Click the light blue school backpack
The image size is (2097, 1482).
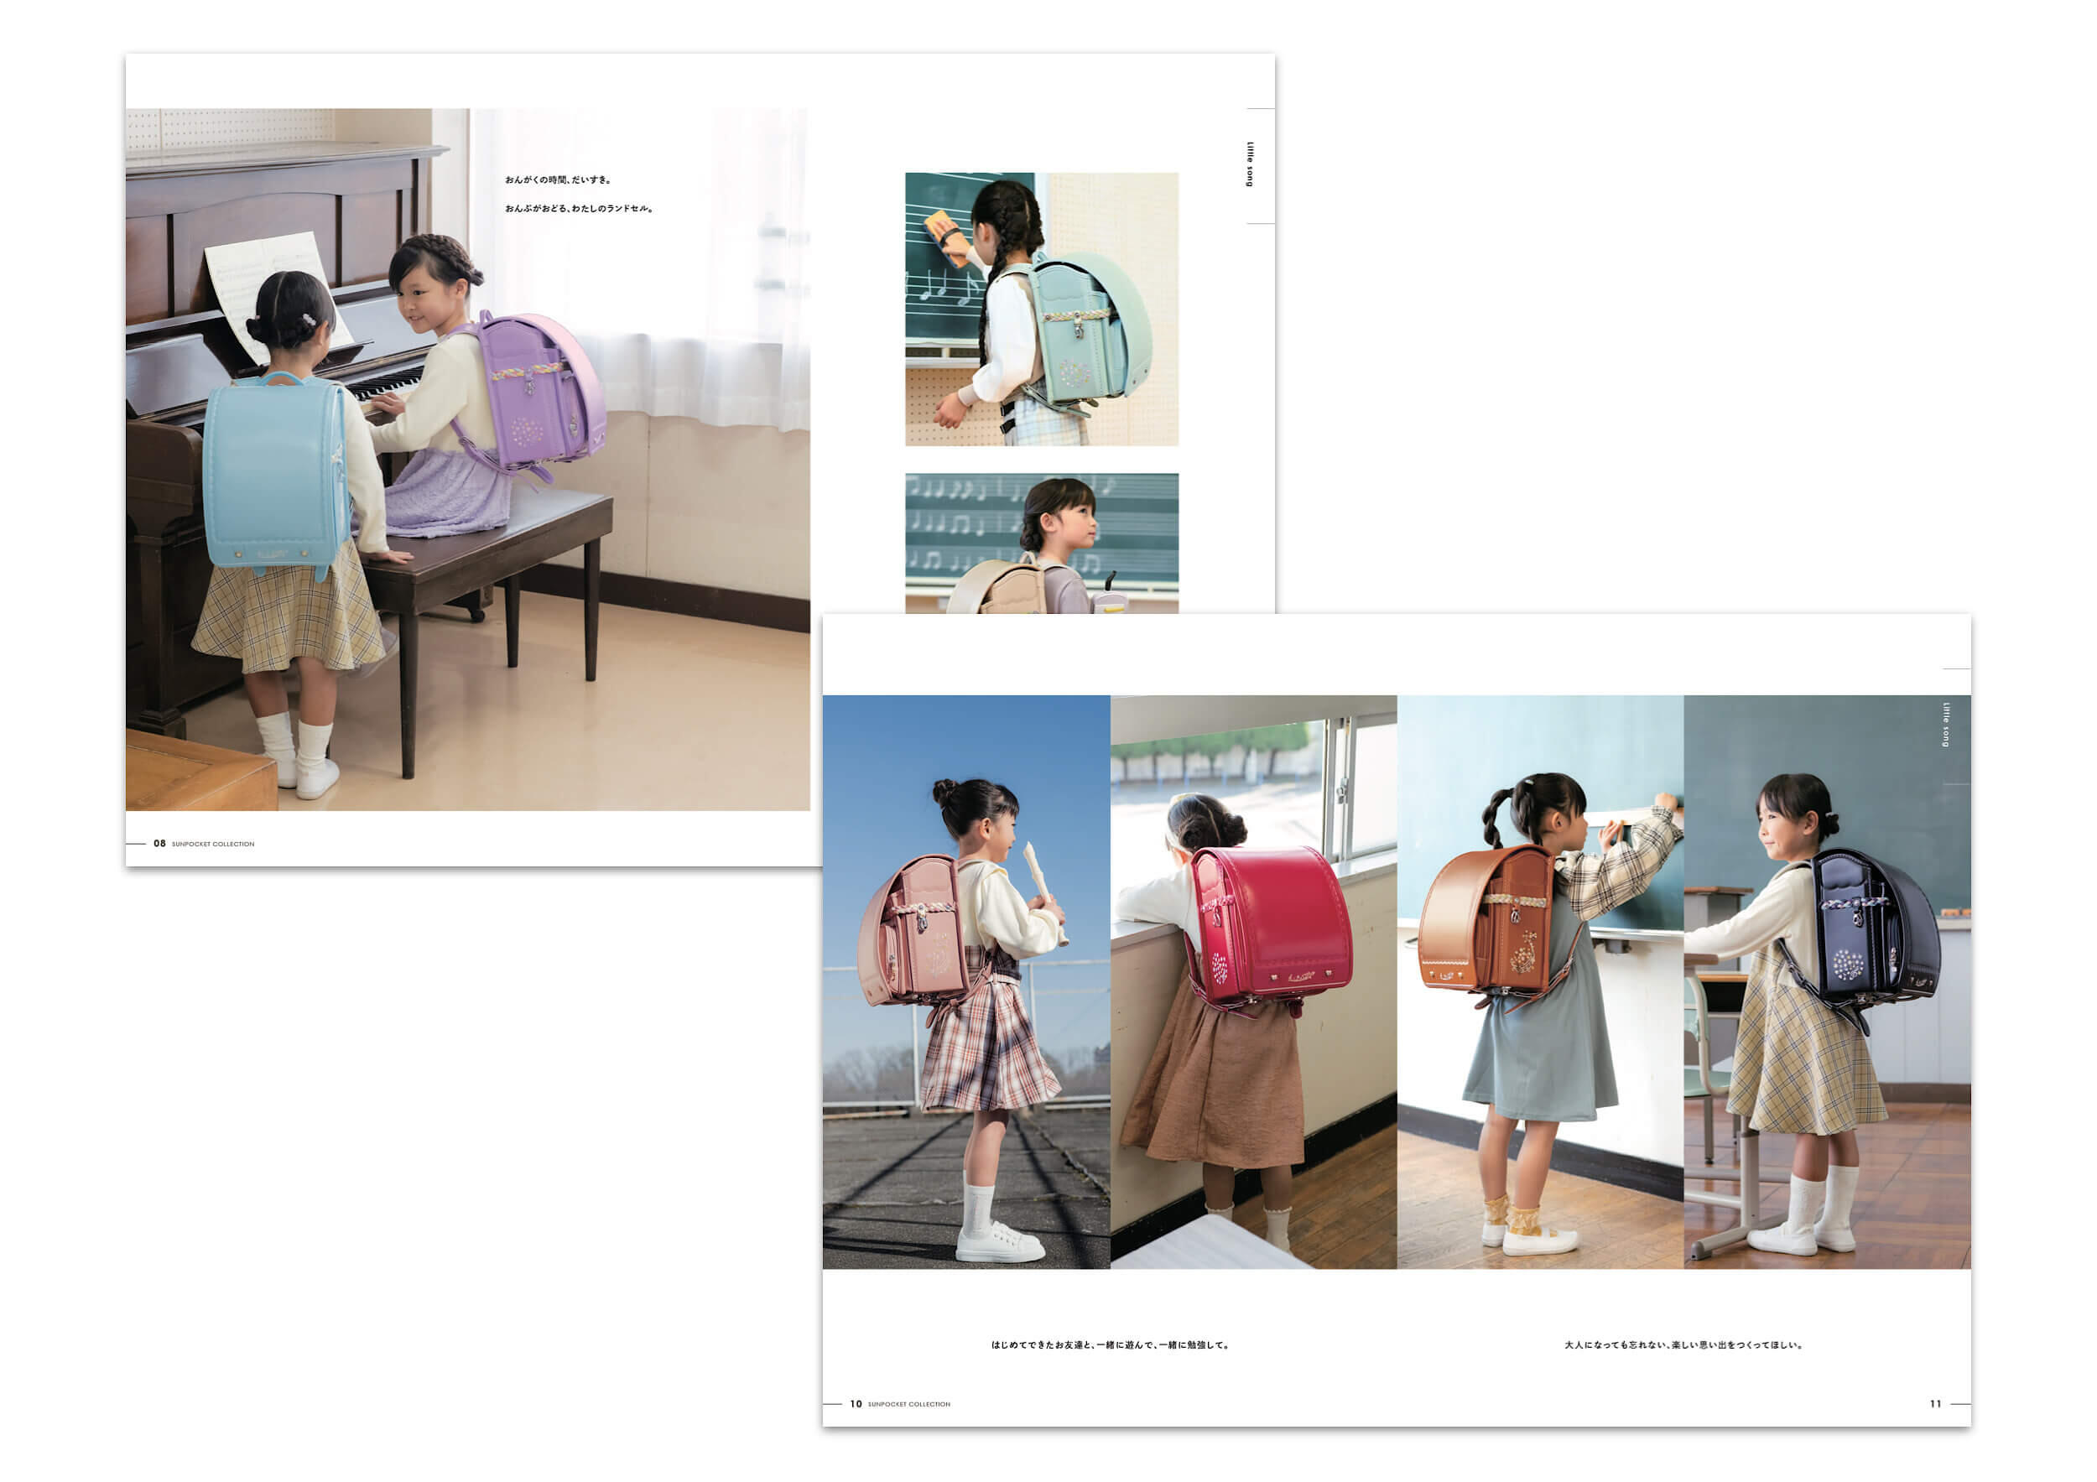[274, 475]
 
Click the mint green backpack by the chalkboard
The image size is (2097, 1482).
[1087, 329]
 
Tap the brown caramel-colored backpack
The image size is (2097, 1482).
[1489, 923]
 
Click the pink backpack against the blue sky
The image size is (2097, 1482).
[913, 931]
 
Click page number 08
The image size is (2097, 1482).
[160, 844]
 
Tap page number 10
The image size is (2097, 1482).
[856, 1403]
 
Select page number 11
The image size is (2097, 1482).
[1935, 1403]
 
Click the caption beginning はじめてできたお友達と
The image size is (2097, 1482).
[1111, 1345]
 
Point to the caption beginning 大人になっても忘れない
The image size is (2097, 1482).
[1683, 1345]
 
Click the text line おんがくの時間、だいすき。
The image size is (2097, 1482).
[558, 179]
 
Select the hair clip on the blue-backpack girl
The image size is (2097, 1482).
[310, 319]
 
